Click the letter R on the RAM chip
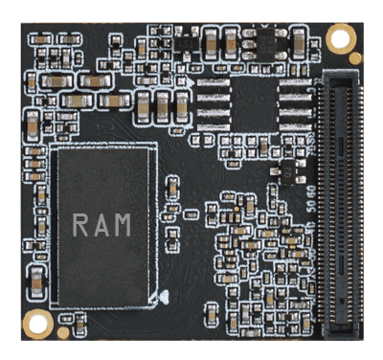coord(81,226)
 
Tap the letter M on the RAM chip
coord(124,226)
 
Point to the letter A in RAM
coord(102,226)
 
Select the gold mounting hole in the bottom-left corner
coord(37,323)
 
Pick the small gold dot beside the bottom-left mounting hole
coord(62,331)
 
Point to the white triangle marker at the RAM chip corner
coord(166,296)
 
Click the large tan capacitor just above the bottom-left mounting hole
coord(36,281)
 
